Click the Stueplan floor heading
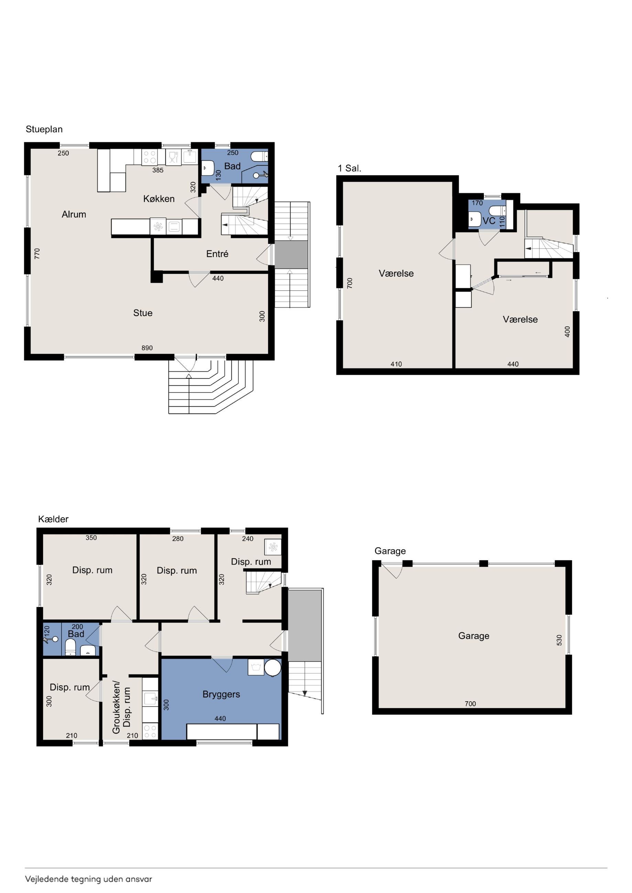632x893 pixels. click(44, 129)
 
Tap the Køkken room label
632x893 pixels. click(159, 199)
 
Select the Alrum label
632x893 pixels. click(74, 214)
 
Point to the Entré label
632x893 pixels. click(217, 253)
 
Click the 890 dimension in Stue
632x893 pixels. click(147, 348)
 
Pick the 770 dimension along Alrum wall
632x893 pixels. click(37, 253)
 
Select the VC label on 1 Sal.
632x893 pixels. click(489, 221)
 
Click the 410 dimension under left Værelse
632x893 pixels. click(396, 364)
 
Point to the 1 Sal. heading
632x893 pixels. click(349, 168)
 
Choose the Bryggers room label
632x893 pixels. click(221, 694)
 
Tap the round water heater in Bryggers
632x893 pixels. click(273, 667)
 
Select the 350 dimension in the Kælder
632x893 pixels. click(91, 538)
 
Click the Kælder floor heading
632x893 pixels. click(53, 519)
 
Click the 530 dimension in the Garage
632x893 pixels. click(559, 640)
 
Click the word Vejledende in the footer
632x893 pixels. click(47, 879)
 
